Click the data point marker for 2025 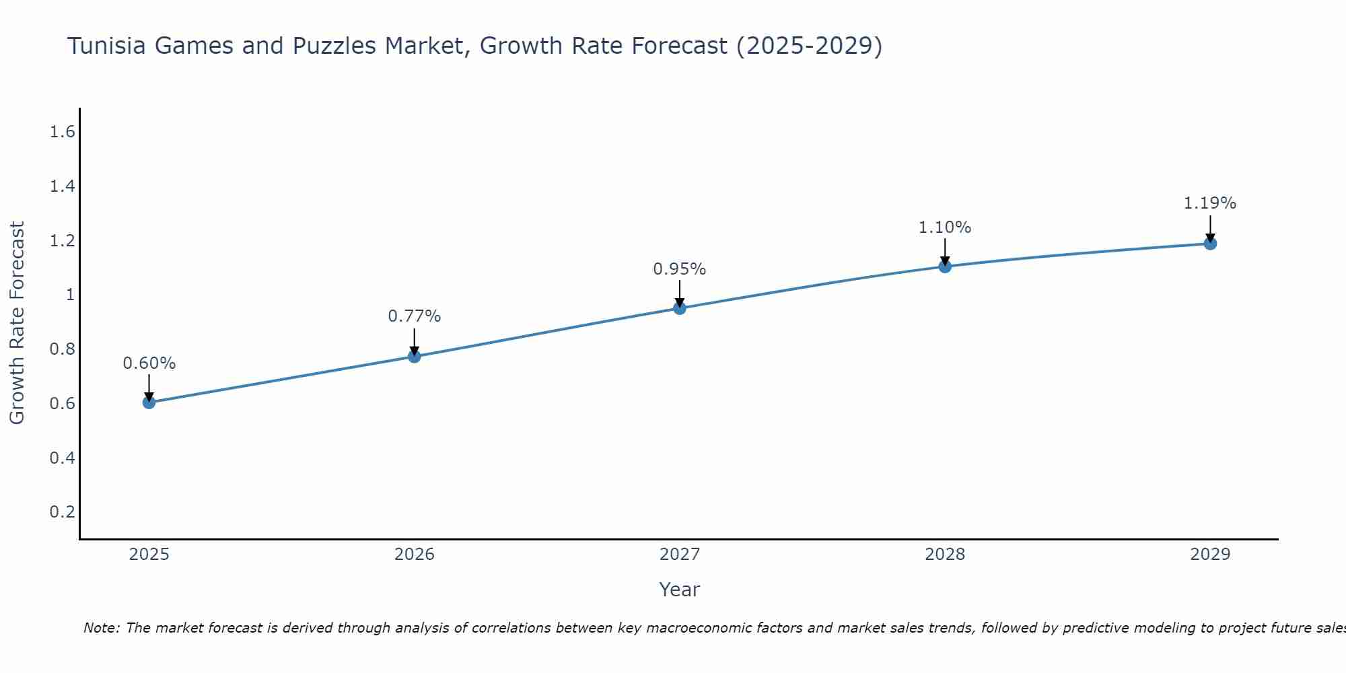[149, 402]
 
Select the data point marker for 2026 [415, 356]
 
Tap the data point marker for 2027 [680, 308]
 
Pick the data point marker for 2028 [945, 267]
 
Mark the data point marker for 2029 [1210, 243]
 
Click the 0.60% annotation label [149, 363]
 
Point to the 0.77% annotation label [415, 316]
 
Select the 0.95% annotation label [680, 269]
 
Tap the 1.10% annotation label [945, 227]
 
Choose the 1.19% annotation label [1210, 203]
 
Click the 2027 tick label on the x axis [680, 555]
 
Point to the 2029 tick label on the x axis [1210, 555]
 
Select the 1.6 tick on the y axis [62, 132]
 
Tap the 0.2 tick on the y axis [62, 512]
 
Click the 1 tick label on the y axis [70, 295]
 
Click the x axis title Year [680, 590]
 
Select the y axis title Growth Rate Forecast [17, 323]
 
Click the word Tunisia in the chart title [108, 46]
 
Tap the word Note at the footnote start [101, 628]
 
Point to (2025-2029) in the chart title [809, 46]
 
